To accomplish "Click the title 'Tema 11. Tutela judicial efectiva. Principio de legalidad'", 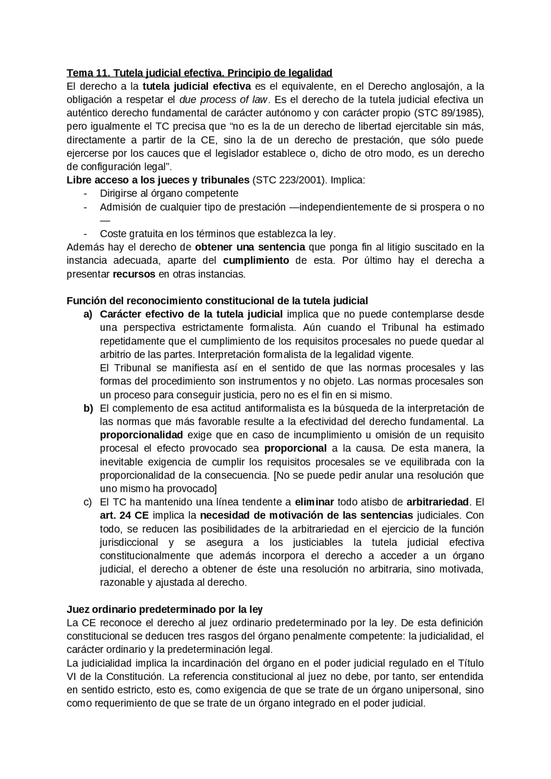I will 199,73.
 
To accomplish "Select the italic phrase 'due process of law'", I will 223,100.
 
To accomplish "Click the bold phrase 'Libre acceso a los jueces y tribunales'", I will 158,180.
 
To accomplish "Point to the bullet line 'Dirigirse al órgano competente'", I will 169,194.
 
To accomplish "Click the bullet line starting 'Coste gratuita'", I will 217,234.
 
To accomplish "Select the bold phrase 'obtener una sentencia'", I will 250,247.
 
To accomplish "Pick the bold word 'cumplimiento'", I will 256,261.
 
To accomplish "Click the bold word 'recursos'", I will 134,274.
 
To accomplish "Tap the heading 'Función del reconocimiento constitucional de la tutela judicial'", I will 217,301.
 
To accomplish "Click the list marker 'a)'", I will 88,314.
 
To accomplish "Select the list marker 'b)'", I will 88,408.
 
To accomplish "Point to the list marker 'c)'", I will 88,502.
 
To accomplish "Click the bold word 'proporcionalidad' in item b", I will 141,435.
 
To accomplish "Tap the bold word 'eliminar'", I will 314,502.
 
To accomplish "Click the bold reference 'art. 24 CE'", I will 124,516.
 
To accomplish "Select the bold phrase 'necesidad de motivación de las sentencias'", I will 306,516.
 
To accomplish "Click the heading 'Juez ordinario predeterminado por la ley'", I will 164,610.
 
